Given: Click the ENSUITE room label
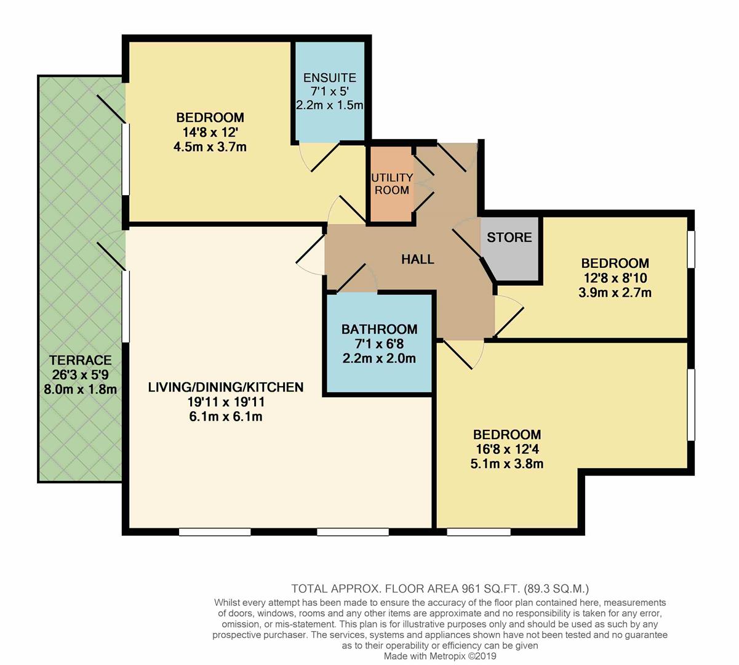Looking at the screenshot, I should pyautogui.click(x=330, y=78).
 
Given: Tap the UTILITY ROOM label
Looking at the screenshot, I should pyautogui.click(x=391, y=183).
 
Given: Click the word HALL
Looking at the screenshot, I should pyautogui.click(x=418, y=259).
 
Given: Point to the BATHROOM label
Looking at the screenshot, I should pyautogui.click(x=379, y=329).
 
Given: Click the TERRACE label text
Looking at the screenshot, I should pyautogui.click(x=81, y=360).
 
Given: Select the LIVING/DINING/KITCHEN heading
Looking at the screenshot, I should pyautogui.click(x=226, y=387).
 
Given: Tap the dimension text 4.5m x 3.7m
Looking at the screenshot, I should pyautogui.click(x=210, y=147).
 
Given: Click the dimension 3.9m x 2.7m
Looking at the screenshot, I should pyautogui.click(x=615, y=293).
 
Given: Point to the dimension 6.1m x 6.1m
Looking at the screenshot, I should pyautogui.click(x=226, y=417).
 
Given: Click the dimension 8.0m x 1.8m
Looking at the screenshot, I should pyautogui.click(x=81, y=389).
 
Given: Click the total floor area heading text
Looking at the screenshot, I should pyautogui.click(x=441, y=588).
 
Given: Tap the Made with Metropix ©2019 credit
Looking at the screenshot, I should pyautogui.click(x=440, y=656).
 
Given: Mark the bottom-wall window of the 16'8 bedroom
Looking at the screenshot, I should pyautogui.click(x=479, y=531).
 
